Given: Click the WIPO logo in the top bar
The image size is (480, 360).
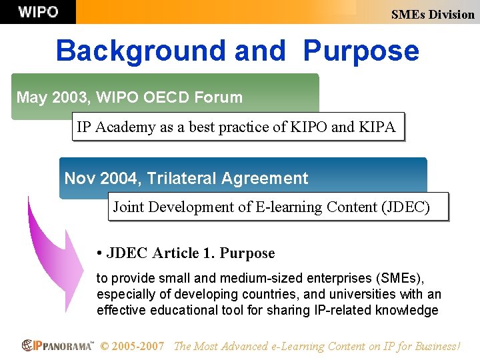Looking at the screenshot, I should pos(38,12).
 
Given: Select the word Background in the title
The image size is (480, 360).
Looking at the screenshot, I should pos(141,51).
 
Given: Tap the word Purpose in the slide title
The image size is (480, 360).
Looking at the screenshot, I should pos(361,51).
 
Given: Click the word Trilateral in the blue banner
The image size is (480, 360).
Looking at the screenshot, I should pos(181,179).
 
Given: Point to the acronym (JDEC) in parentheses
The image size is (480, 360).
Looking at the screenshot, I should pos(405,207).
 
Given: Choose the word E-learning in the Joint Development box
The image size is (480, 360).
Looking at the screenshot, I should pos(289,207).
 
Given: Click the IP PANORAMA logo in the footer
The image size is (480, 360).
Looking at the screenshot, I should pos(58,345).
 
